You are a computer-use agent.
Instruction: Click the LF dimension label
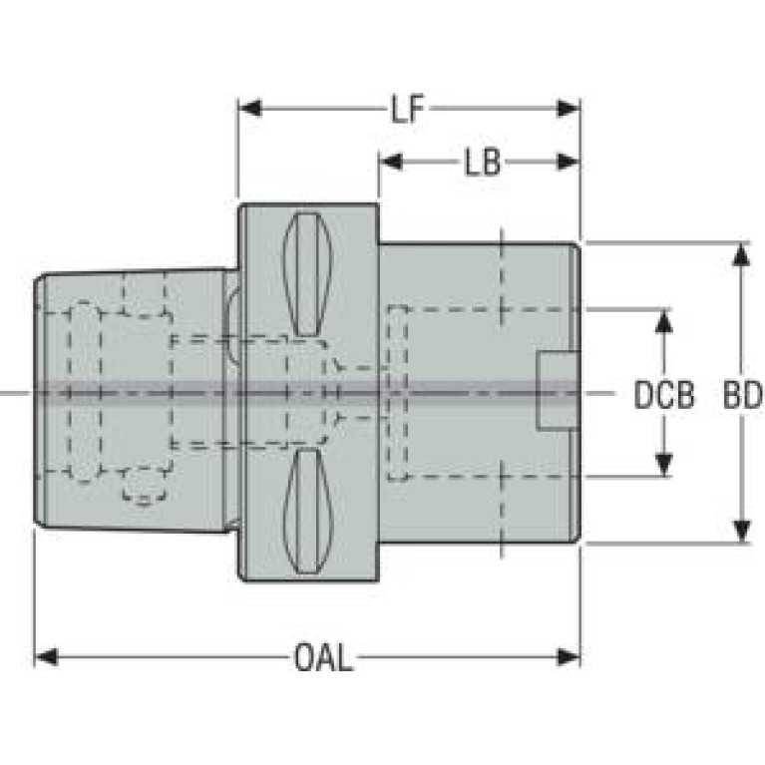[x=408, y=109]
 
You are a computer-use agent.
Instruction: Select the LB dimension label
[x=482, y=162]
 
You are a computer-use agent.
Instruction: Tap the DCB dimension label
[x=664, y=394]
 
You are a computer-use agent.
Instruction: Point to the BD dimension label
[x=742, y=394]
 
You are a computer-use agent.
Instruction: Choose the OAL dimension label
[x=323, y=657]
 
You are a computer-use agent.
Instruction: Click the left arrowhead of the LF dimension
[x=250, y=109]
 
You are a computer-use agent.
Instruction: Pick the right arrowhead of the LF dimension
[x=568, y=109]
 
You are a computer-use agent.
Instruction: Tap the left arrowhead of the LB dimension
[x=391, y=162]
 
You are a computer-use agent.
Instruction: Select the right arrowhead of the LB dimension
[x=568, y=162]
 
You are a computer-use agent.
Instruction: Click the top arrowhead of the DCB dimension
[x=663, y=321]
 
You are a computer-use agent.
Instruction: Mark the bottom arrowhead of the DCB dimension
[x=663, y=465]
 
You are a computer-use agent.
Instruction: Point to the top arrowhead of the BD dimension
[x=742, y=254]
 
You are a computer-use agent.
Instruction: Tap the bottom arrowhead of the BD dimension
[x=742, y=531]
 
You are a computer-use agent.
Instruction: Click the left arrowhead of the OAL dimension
[x=46, y=657]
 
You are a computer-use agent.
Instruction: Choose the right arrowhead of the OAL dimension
[x=568, y=657]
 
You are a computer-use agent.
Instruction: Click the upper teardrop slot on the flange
[x=307, y=274]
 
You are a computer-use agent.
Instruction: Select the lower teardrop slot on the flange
[x=308, y=511]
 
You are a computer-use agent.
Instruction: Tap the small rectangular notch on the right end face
[x=559, y=390]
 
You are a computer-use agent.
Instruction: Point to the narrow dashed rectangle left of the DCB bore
[x=397, y=393]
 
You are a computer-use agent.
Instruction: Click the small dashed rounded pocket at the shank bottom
[x=144, y=487]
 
